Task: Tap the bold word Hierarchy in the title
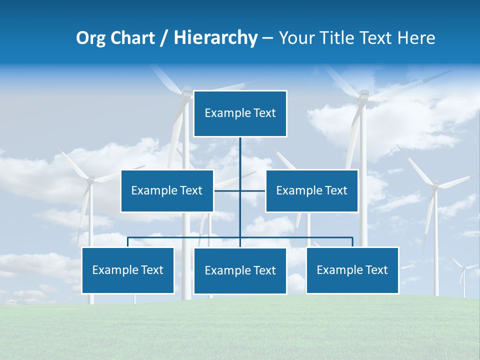tap(215, 38)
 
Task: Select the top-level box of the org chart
tap(240, 113)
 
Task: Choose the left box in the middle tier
tap(167, 190)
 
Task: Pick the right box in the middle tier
tap(311, 190)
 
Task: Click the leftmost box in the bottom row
tap(128, 270)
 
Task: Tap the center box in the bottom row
tap(240, 270)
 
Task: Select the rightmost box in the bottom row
tap(352, 270)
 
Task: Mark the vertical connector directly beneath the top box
tap(240, 155)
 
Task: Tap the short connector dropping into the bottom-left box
tap(128, 242)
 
